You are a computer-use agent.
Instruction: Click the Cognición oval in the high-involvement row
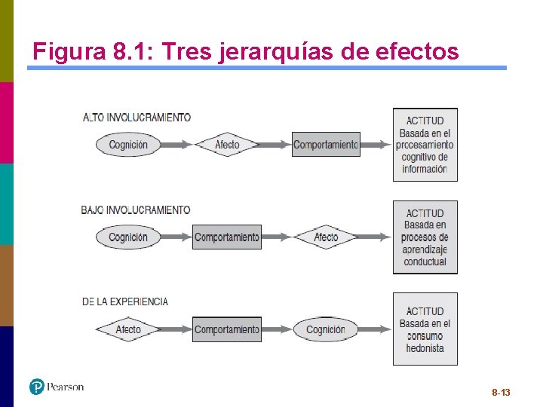128,145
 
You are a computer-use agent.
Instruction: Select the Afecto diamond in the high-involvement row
227,145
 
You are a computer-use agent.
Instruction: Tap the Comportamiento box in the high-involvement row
326,145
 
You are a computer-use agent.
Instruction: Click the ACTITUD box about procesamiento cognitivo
425,145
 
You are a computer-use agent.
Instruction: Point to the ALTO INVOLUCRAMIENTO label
137,118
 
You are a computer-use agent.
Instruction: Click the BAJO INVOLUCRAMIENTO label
136,210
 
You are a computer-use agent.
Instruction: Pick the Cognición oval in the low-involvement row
128,237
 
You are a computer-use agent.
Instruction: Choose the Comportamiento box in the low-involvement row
226,237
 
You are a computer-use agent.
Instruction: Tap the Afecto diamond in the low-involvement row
326,237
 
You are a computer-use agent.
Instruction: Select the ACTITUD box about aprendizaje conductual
425,237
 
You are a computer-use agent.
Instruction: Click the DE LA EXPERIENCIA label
125,301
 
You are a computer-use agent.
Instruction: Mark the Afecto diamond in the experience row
128,329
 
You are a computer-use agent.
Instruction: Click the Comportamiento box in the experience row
226,329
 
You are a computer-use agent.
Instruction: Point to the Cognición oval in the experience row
326,329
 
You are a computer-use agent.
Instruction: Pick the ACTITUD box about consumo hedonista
425,329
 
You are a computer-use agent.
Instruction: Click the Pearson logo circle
37,387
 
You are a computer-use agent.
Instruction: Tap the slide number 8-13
501,393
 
